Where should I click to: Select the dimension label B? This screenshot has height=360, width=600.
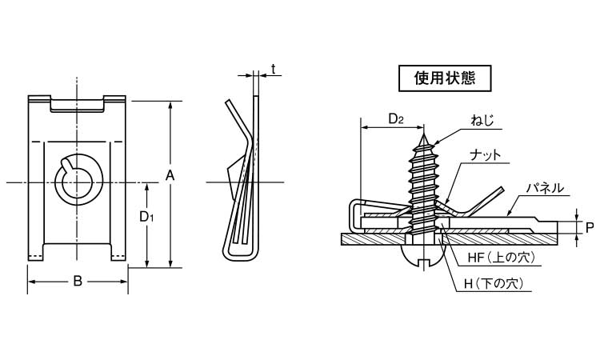[x=78, y=281]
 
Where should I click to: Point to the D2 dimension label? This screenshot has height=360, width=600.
[x=395, y=119]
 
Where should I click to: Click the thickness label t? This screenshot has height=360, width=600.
[x=273, y=70]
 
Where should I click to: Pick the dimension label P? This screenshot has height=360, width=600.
[x=589, y=227]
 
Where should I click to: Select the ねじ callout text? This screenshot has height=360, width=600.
[x=483, y=121]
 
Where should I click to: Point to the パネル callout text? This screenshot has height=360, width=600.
[x=546, y=188]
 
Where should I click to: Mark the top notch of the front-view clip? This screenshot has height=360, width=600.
[x=78, y=104]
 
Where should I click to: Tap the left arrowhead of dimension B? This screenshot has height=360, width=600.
[x=31, y=282]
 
